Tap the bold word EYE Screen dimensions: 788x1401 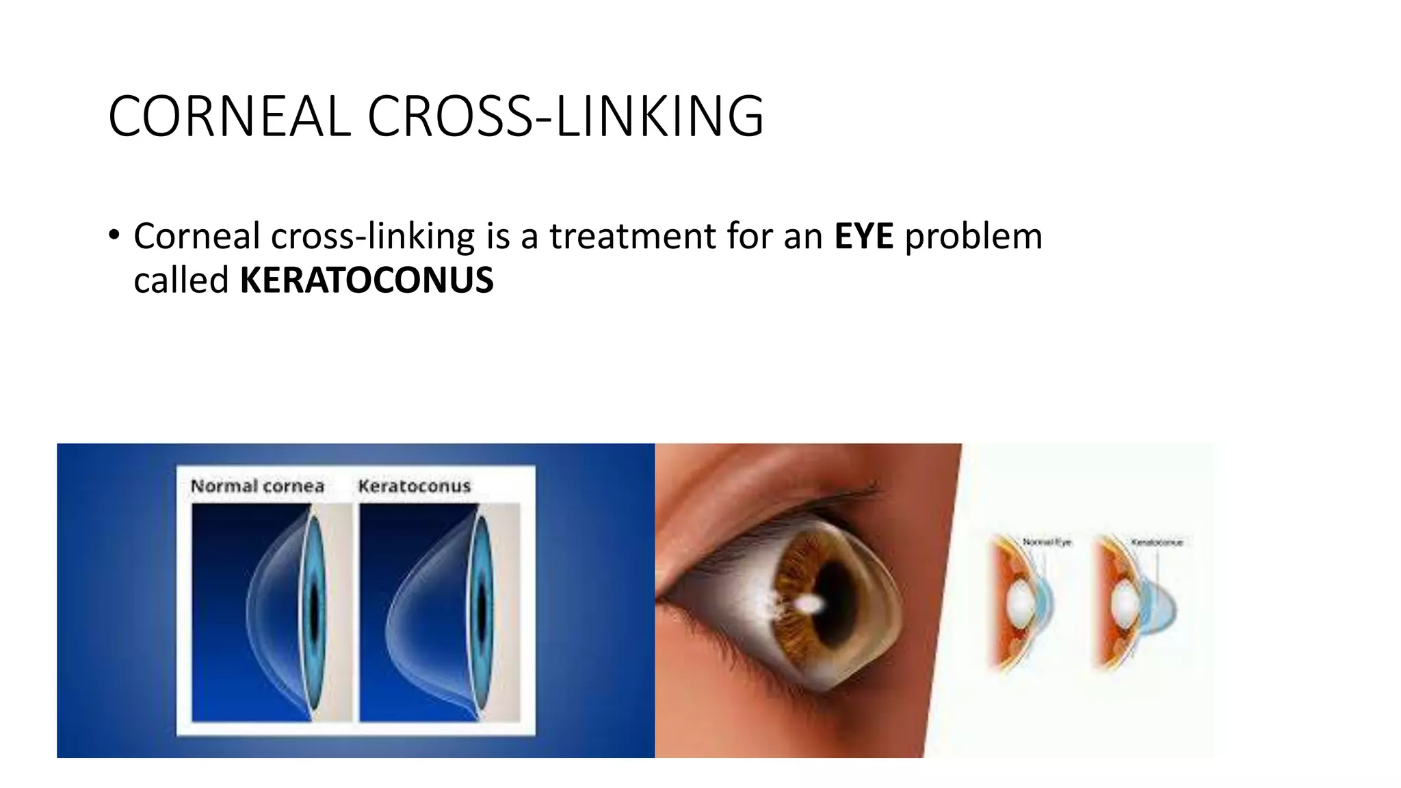[863, 237]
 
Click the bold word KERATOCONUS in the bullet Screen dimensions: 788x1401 [367, 280]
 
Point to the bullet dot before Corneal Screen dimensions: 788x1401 [114, 235]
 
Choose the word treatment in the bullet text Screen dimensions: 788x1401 [632, 237]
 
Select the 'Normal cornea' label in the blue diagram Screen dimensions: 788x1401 [257, 486]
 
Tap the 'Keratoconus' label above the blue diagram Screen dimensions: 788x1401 [415, 486]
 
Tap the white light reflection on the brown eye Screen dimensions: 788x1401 [809, 603]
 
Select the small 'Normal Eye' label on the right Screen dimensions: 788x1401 [1047, 542]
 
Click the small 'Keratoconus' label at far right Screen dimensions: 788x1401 [1157, 542]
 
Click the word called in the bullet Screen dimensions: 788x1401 [181, 280]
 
